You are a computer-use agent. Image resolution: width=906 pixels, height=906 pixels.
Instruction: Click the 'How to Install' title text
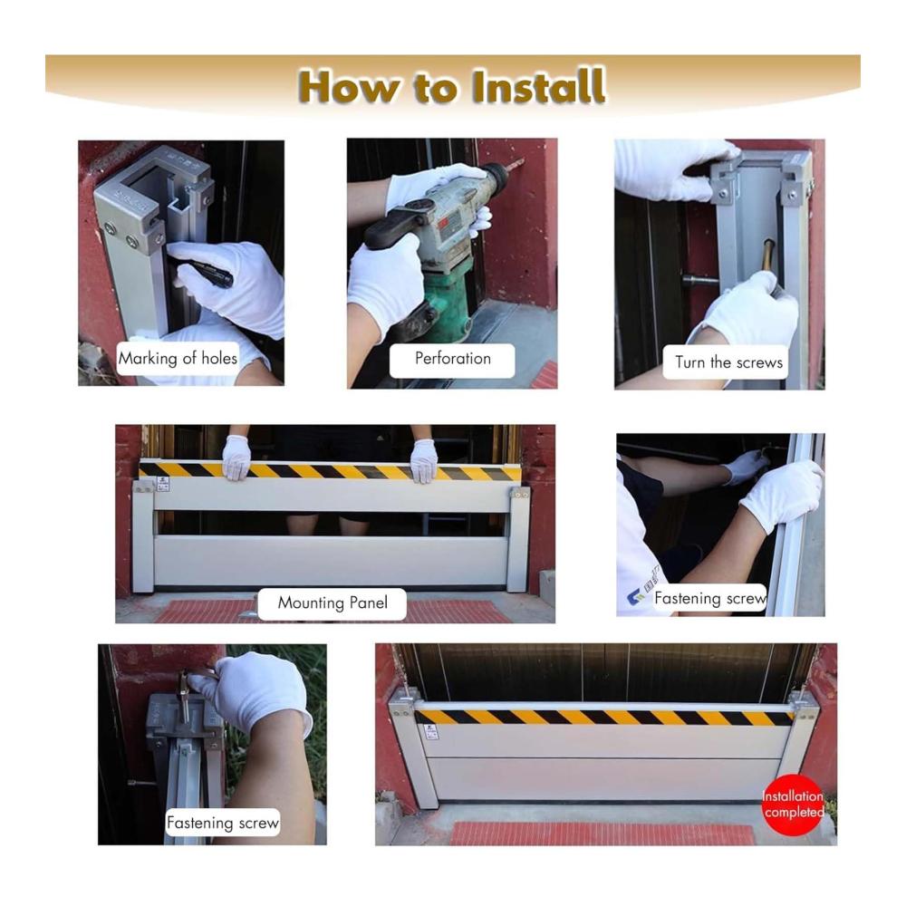point(452,87)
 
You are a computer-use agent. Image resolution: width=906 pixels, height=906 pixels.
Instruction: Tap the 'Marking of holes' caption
point(178,358)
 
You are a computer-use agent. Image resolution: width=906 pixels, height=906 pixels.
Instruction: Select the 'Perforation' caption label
point(452,359)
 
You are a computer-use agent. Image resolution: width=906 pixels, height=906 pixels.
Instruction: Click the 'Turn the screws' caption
point(728,363)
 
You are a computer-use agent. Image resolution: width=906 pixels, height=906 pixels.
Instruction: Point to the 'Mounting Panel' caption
point(333,602)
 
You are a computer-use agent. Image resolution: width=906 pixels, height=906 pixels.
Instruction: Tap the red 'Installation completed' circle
point(793,805)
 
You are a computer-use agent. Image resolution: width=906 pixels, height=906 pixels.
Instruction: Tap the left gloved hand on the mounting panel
point(236,458)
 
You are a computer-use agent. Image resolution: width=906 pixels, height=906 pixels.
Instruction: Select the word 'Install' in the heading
point(539,87)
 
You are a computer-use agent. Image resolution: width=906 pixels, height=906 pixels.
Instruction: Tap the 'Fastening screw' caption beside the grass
point(223,823)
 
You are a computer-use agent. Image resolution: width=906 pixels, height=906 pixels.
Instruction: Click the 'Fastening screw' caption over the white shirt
point(710,598)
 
